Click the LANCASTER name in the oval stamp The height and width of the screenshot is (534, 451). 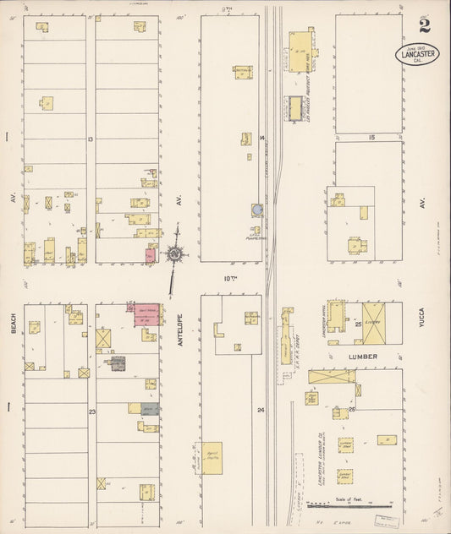(x=416, y=53)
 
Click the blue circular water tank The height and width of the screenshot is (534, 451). (x=256, y=208)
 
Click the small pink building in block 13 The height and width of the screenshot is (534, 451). (x=151, y=253)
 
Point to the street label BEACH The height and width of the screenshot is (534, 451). (x=14, y=319)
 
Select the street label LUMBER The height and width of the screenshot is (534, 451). (x=361, y=357)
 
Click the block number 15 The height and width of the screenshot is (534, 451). (x=371, y=137)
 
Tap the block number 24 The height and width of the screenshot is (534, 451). (x=261, y=410)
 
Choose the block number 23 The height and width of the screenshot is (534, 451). (x=91, y=411)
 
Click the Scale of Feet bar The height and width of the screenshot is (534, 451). (x=338, y=506)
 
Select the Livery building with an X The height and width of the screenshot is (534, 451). (x=373, y=322)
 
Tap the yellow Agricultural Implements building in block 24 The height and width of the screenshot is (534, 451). (x=212, y=457)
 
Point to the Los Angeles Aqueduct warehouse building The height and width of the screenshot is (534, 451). (x=300, y=50)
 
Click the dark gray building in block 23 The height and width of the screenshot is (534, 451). (x=118, y=363)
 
